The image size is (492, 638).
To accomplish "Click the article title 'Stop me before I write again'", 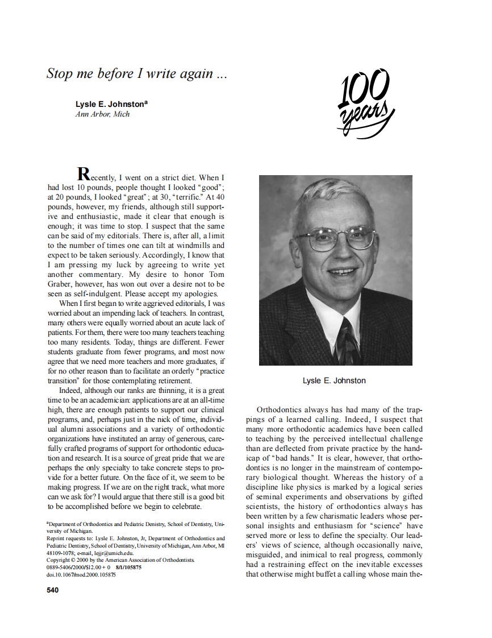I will [x=137, y=73].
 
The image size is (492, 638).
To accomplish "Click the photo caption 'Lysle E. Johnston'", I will [x=334, y=380].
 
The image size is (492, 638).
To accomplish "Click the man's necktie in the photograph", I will [x=348, y=341].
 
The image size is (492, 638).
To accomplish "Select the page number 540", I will [x=53, y=590].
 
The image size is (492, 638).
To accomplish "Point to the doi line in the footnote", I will [x=81, y=574].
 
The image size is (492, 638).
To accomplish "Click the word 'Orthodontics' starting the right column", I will [x=280, y=409].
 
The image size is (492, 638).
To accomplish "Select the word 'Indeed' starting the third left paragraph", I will [x=70, y=390].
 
